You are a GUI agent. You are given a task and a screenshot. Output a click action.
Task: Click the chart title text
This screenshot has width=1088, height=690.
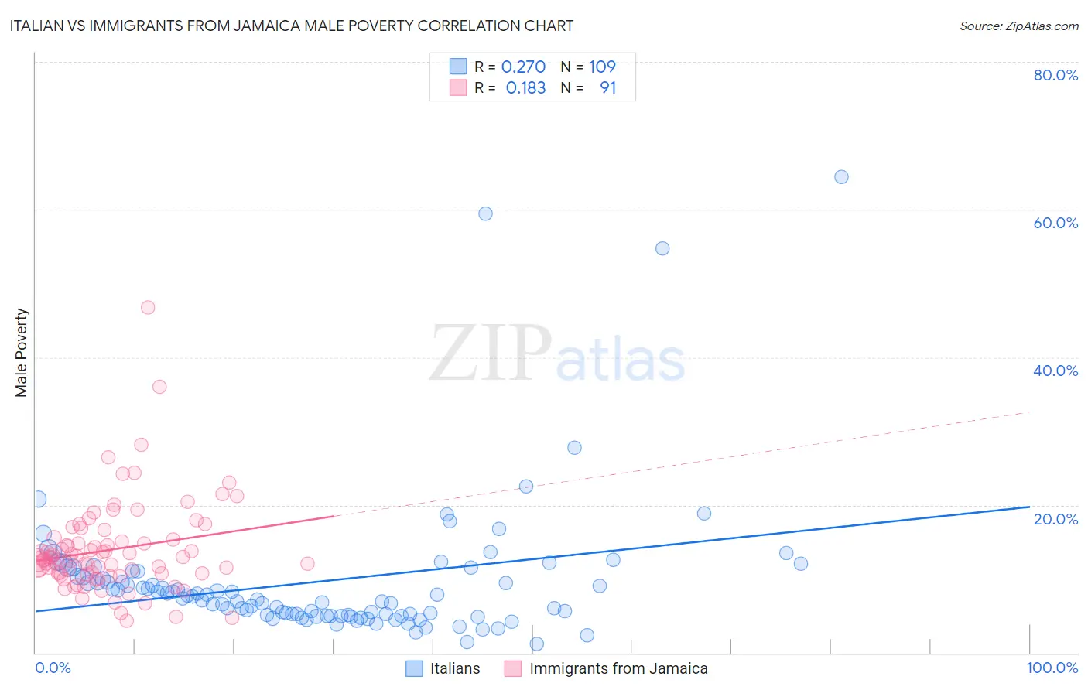[292, 26]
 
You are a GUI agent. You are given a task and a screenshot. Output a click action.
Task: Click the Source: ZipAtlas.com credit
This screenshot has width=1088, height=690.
[1018, 26]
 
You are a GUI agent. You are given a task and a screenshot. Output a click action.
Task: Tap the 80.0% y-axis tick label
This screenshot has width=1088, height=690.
[1055, 75]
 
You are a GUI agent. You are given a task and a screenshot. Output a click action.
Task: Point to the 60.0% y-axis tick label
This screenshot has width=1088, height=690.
[1055, 223]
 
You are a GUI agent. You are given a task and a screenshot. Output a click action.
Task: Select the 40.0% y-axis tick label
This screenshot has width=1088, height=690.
[1055, 371]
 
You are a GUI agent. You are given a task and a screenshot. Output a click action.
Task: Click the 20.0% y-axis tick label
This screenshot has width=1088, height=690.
[1055, 519]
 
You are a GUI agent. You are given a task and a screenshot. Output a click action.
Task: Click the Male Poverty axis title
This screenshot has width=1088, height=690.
[22, 353]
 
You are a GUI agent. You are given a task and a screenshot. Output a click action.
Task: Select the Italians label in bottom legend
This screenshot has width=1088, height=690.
[455, 669]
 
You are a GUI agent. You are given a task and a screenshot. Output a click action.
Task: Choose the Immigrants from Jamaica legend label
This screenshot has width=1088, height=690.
[618, 669]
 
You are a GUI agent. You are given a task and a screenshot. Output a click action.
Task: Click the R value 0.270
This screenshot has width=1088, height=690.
[523, 67]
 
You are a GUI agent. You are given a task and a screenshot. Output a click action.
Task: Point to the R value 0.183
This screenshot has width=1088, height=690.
[525, 88]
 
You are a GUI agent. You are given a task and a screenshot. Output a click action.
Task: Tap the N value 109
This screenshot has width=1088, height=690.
[602, 67]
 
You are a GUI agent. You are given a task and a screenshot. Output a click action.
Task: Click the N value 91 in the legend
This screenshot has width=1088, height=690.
[608, 88]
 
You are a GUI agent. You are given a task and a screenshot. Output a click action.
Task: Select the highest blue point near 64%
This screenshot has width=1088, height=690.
[841, 177]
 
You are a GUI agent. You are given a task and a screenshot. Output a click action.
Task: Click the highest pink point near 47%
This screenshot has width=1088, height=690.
[148, 308]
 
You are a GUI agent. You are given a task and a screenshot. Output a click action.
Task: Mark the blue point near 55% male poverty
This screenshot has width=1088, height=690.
[662, 248]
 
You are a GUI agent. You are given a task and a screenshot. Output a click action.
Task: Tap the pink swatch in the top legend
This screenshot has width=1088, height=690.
[458, 88]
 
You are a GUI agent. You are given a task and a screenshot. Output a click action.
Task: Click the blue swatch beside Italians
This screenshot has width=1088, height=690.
[415, 669]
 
